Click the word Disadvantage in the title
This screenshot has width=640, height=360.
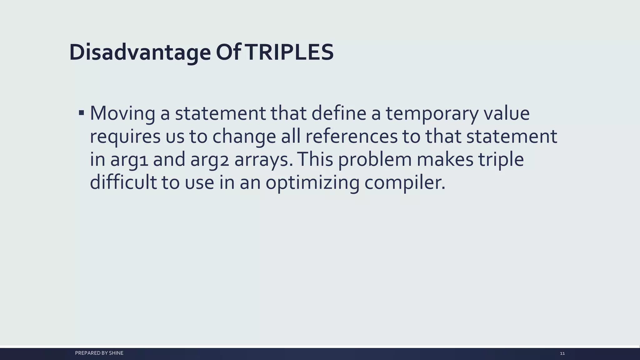click(140, 52)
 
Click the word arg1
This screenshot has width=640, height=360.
click(129, 160)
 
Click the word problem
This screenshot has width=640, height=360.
click(375, 160)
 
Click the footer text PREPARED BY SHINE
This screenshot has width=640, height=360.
click(99, 353)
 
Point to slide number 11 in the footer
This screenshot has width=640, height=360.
click(562, 353)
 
